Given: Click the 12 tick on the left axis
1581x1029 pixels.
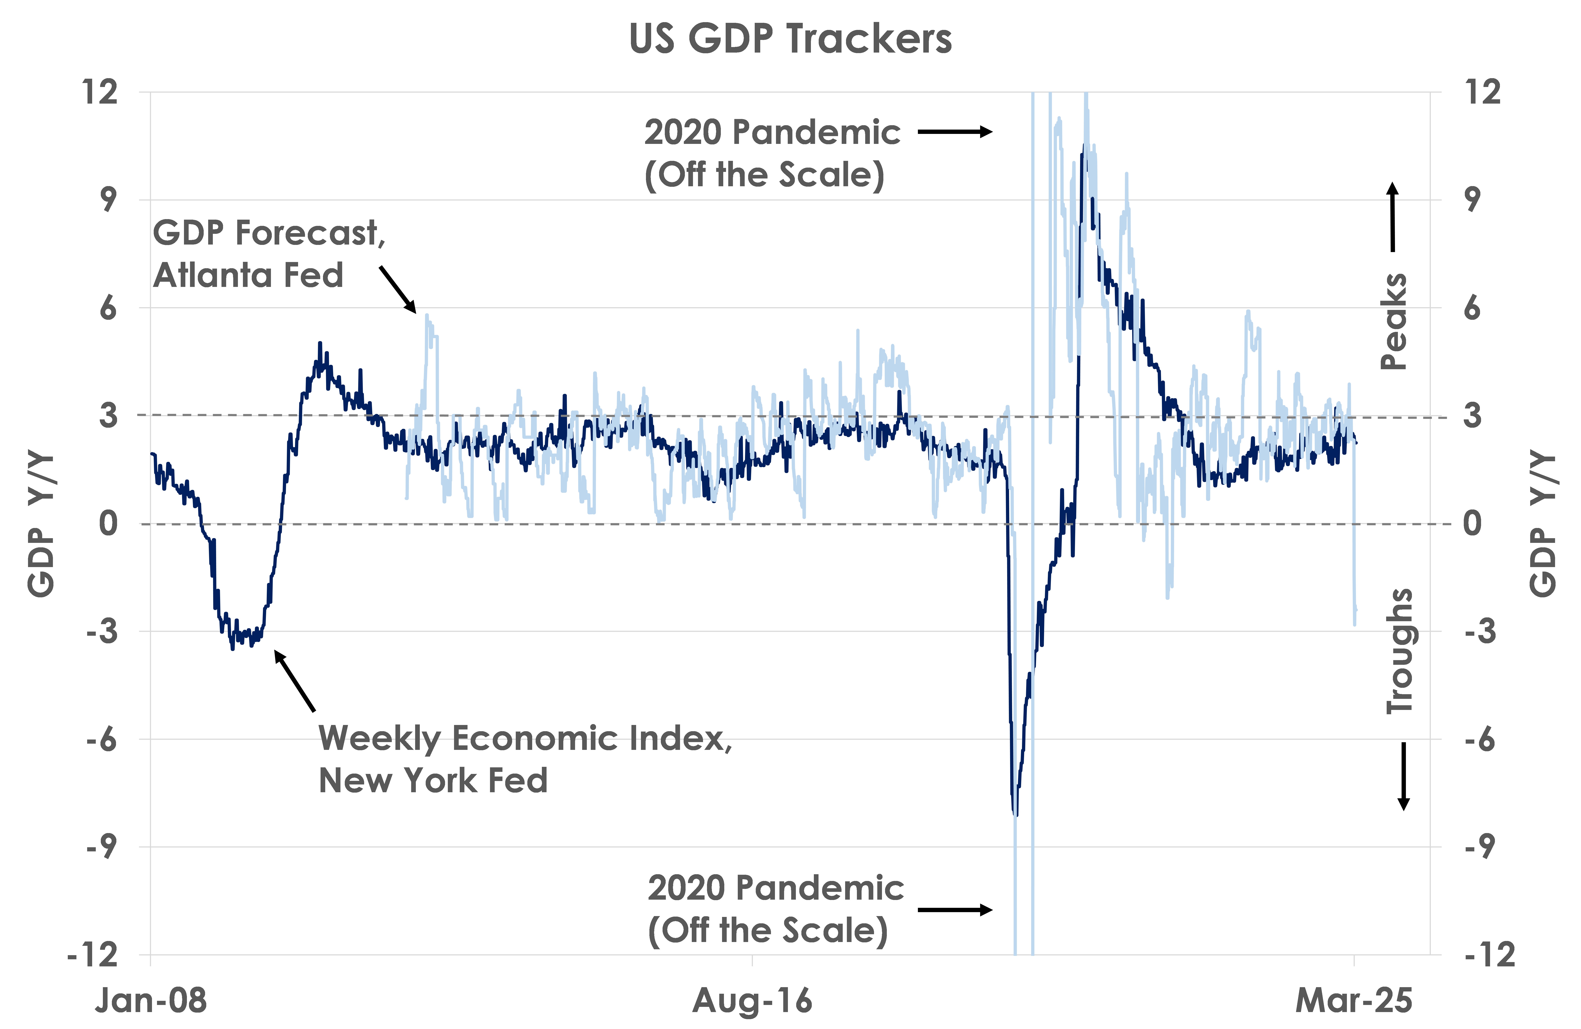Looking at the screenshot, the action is tap(100, 92).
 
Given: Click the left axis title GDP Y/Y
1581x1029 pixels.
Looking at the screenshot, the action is tap(41, 525).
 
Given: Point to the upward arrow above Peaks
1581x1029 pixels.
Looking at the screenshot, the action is tap(1392, 217).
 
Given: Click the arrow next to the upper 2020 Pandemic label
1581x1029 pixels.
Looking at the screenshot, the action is tap(955, 132).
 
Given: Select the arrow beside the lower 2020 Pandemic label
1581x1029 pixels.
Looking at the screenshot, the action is tap(955, 909).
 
